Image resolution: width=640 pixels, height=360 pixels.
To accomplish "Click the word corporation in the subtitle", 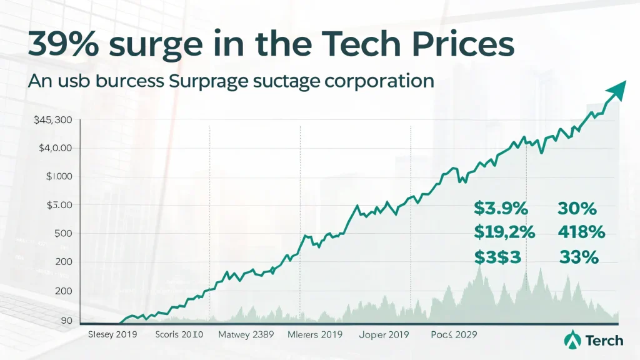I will (x=375, y=82).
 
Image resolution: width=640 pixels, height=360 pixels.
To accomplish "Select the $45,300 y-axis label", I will (x=54, y=120).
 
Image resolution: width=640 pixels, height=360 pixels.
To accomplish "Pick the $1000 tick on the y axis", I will (x=59, y=176).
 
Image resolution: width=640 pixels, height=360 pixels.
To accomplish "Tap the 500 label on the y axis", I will (x=63, y=233).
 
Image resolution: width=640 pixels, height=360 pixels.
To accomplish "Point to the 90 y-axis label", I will (x=66, y=321).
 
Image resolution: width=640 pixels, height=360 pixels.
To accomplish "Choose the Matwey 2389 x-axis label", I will (x=246, y=334).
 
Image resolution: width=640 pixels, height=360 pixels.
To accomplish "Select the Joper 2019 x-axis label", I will (x=384, y=334).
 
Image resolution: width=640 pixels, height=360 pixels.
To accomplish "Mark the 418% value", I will (x=581, y=232).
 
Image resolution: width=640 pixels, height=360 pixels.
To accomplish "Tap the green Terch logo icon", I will (x=571, y=340).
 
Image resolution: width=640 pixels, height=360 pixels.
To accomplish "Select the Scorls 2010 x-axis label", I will (x=179, y=334).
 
